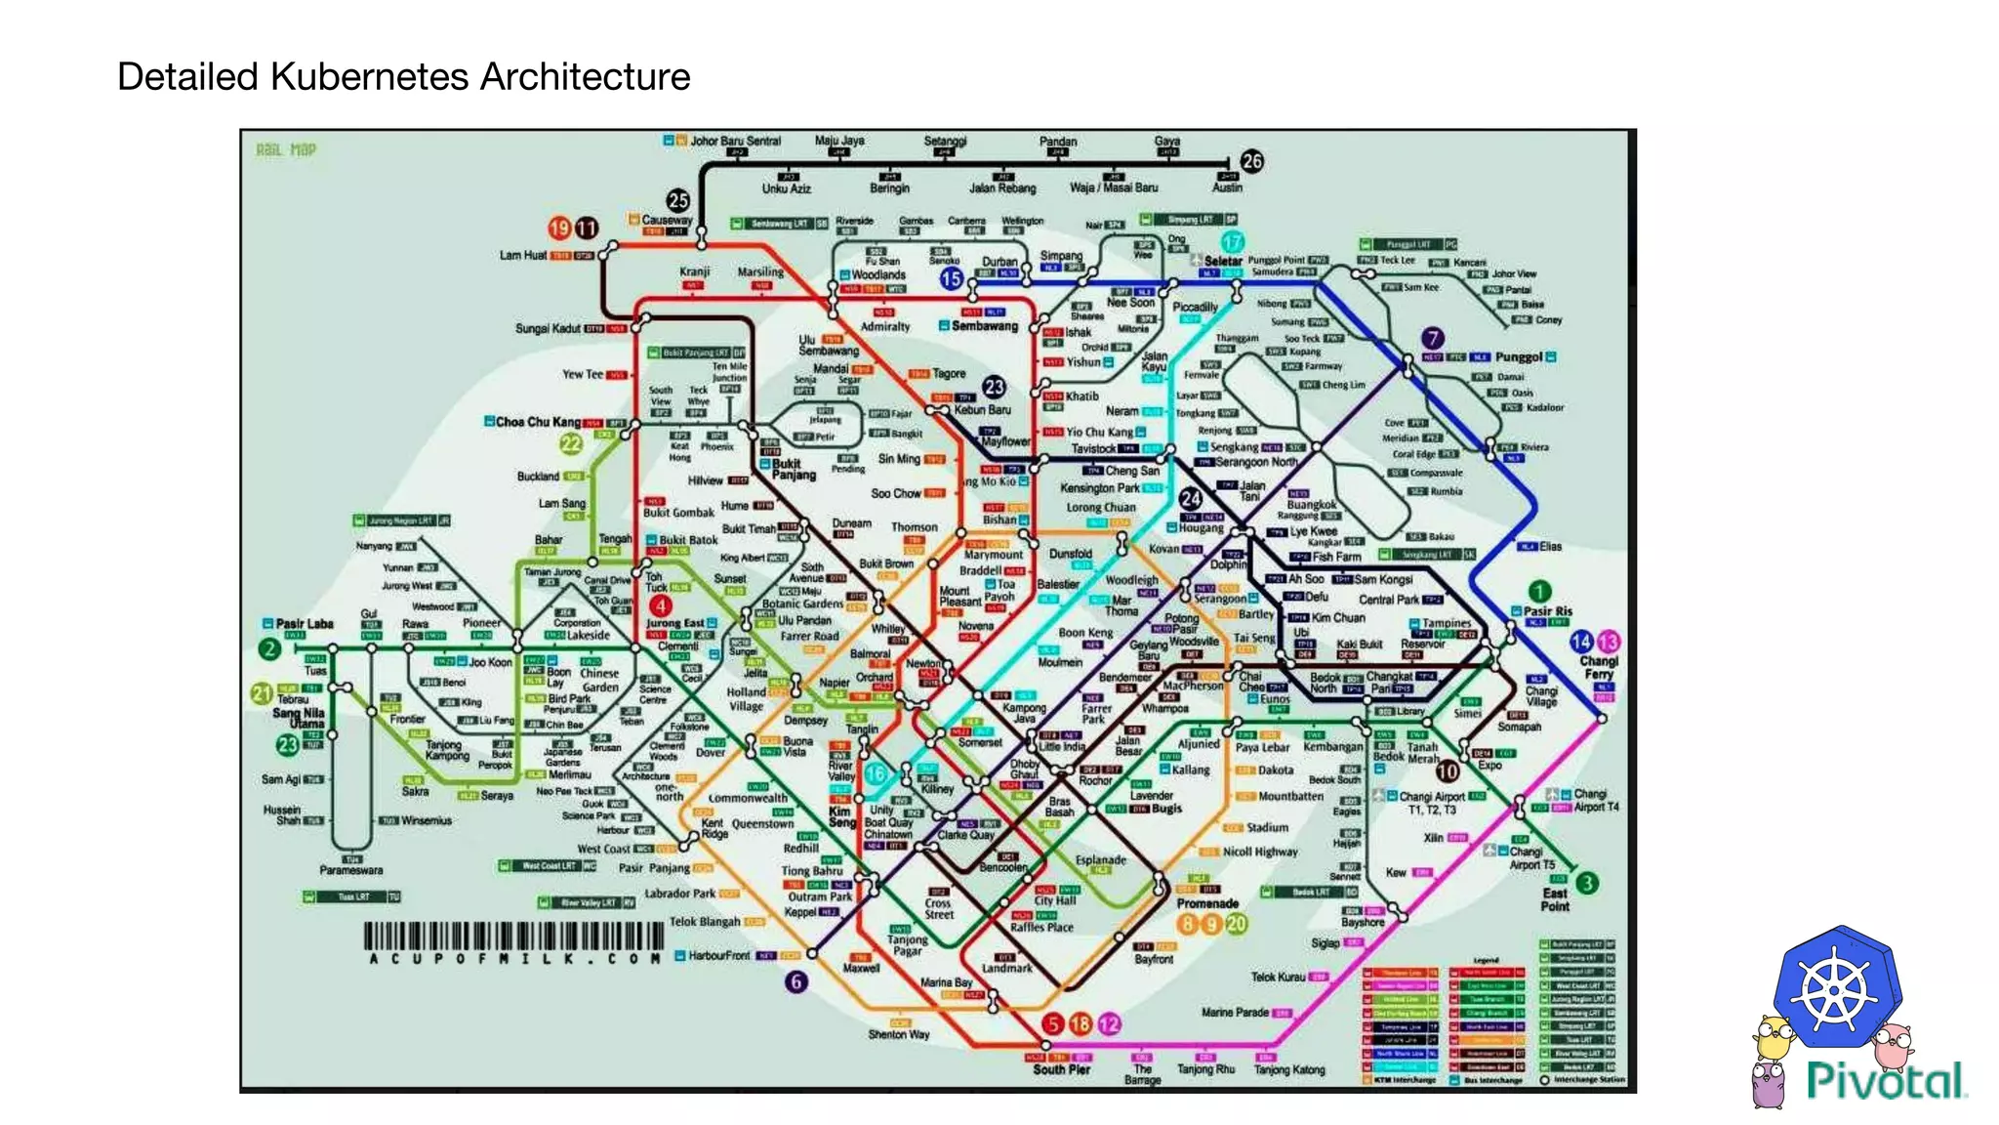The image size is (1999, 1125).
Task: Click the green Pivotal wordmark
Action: click(1886, 1081)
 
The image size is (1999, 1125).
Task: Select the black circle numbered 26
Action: click(1251, 161)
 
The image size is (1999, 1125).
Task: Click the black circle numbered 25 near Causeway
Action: click(678, 201)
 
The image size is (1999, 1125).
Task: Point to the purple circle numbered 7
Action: click(1432, 338)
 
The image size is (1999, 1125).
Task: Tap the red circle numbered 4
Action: click(660, 605)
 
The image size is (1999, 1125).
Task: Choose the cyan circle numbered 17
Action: click(1233, 241)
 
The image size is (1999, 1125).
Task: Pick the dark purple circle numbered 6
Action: click(796, 981)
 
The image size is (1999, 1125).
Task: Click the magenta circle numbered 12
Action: click(1109, 1023)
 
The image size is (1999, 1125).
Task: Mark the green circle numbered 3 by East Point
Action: click(1587, 883)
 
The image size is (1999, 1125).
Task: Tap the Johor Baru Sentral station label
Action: click(735, 141)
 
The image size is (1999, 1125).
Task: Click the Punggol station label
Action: click(1518, 357)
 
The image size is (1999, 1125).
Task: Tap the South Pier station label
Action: click(1061, 1070)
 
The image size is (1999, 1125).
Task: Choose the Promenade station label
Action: click(1207, 903)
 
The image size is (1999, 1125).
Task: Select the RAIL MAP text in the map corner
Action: click(286, 150)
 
